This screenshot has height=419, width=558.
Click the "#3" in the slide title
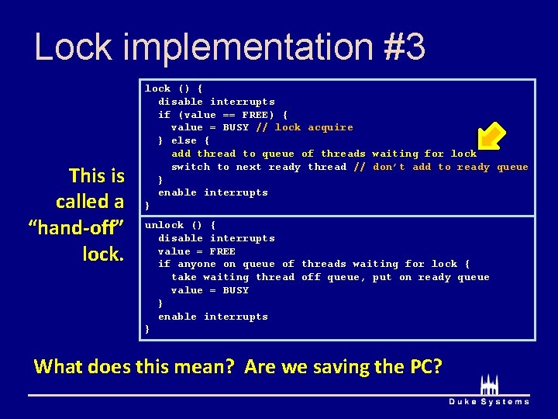(404, 47)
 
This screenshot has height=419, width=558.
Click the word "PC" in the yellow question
(423, 365)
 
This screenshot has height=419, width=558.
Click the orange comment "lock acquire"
(314, 127)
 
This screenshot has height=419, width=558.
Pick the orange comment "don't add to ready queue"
(450, 167)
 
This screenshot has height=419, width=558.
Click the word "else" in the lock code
(184, 140)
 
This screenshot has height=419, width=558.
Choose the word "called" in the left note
(90, 201)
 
